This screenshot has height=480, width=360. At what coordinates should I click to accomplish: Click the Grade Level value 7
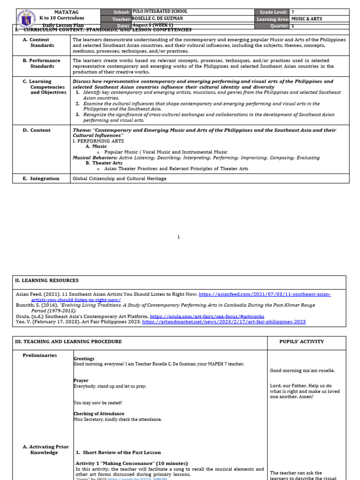click(x=293, y=12)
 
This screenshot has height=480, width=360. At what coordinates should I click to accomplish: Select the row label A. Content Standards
click(x=42, y=43)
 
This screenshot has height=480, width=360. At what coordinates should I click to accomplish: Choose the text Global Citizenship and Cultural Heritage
click(x=119, y=179)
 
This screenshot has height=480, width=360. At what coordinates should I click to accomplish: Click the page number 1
click(x=178, y=237)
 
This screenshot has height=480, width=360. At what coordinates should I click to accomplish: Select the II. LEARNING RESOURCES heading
click(x=47, y=280)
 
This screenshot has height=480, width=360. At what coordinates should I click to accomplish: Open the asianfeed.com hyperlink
click(x=265, y=294)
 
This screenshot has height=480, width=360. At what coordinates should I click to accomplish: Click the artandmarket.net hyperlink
click(x=224, y=322)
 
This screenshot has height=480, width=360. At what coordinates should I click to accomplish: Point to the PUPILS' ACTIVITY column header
click(x=301, y=342)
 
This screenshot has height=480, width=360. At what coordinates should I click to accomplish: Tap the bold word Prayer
click(x=81, y=381)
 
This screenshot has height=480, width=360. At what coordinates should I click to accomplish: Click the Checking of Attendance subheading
click(x=99, y=414)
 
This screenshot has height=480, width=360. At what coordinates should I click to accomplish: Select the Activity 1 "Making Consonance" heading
click(x=131, y=463)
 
